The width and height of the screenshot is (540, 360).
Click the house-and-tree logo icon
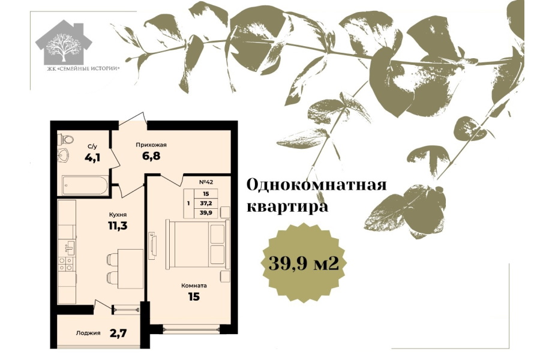pos(64,43)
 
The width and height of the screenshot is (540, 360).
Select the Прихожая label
pos(151,145)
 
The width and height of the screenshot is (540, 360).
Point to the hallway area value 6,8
pos(151,156)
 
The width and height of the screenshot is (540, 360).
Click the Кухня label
pos(117,215)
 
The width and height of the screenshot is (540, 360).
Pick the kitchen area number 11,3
pos(117,226)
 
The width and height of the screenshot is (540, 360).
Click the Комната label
pos(194,286)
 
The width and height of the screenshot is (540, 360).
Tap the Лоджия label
pos(88,333)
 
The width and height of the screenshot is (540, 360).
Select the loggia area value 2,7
pos(119,333)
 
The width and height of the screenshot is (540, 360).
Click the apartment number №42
pos(206,182)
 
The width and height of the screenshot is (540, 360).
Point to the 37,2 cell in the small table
pos(206,203)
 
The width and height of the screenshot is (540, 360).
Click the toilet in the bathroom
pos(67,140)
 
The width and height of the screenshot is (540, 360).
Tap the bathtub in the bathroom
pos(85,185)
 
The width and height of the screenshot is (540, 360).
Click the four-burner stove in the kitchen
pos(66,264)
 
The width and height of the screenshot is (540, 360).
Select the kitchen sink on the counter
pos(70,247)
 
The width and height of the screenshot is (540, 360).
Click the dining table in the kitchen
pos(130,269)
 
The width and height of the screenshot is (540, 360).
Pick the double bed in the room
pos(197,244)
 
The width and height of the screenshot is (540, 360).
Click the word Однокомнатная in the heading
pos(316,185)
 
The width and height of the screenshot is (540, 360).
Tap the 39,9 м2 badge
pos(304,263)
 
